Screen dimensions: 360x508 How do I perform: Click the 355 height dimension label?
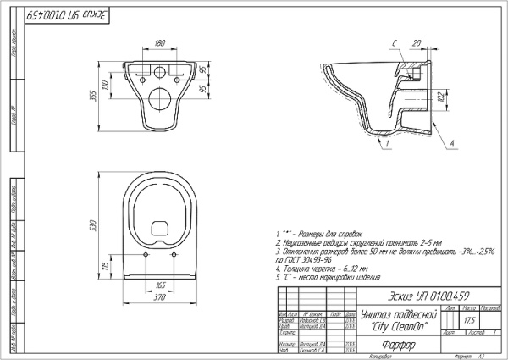pos(94,95)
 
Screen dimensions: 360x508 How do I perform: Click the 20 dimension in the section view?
pos(417,42)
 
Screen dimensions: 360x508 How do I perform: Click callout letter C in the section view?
pos(395,42)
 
